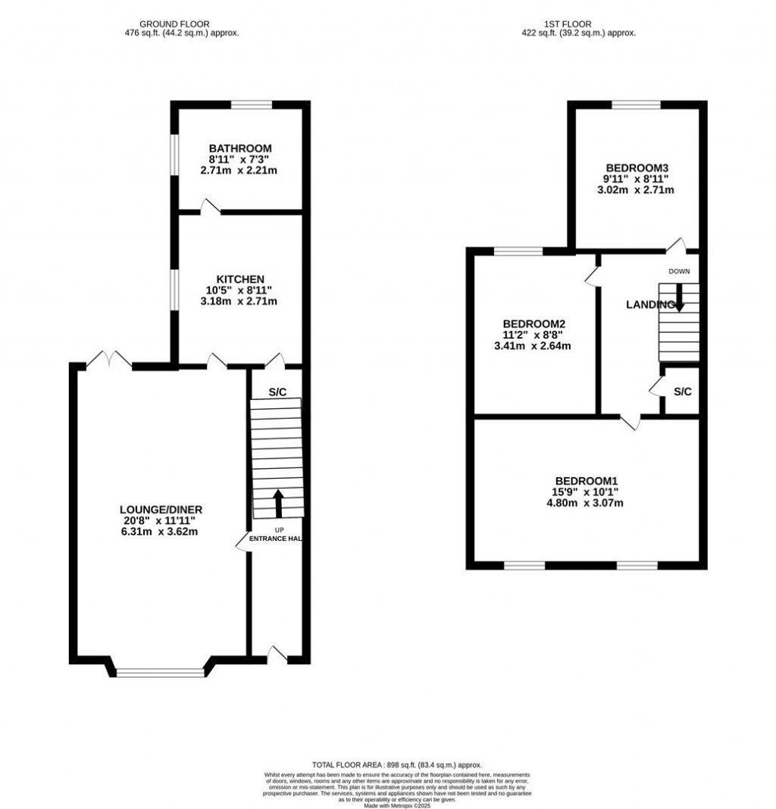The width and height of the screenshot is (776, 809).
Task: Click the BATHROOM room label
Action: tap(240, 148)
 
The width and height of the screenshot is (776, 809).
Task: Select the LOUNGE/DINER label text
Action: tap(161, 509)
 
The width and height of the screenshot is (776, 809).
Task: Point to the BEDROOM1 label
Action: tap(587, 480)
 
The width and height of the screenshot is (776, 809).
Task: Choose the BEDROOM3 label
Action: tap(637, 167)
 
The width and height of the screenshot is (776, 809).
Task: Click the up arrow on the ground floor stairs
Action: tap(277, 501)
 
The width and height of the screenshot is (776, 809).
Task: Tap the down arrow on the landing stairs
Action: tap(679, 298)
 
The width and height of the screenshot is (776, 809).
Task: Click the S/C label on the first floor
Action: tap(683, 392)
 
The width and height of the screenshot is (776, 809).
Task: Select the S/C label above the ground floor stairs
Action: tap(277, 392)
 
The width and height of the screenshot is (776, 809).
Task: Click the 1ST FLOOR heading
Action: tap(578, 24)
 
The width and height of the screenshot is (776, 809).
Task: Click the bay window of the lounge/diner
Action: tap(160, 671)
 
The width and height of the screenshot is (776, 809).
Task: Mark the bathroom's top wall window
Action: tap(251, 105)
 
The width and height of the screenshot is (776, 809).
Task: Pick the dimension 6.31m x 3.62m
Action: tap(161, 531)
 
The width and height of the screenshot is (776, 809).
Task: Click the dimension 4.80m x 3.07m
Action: tap(587, 502)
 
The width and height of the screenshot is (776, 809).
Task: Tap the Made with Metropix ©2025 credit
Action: tap(396, 805)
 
